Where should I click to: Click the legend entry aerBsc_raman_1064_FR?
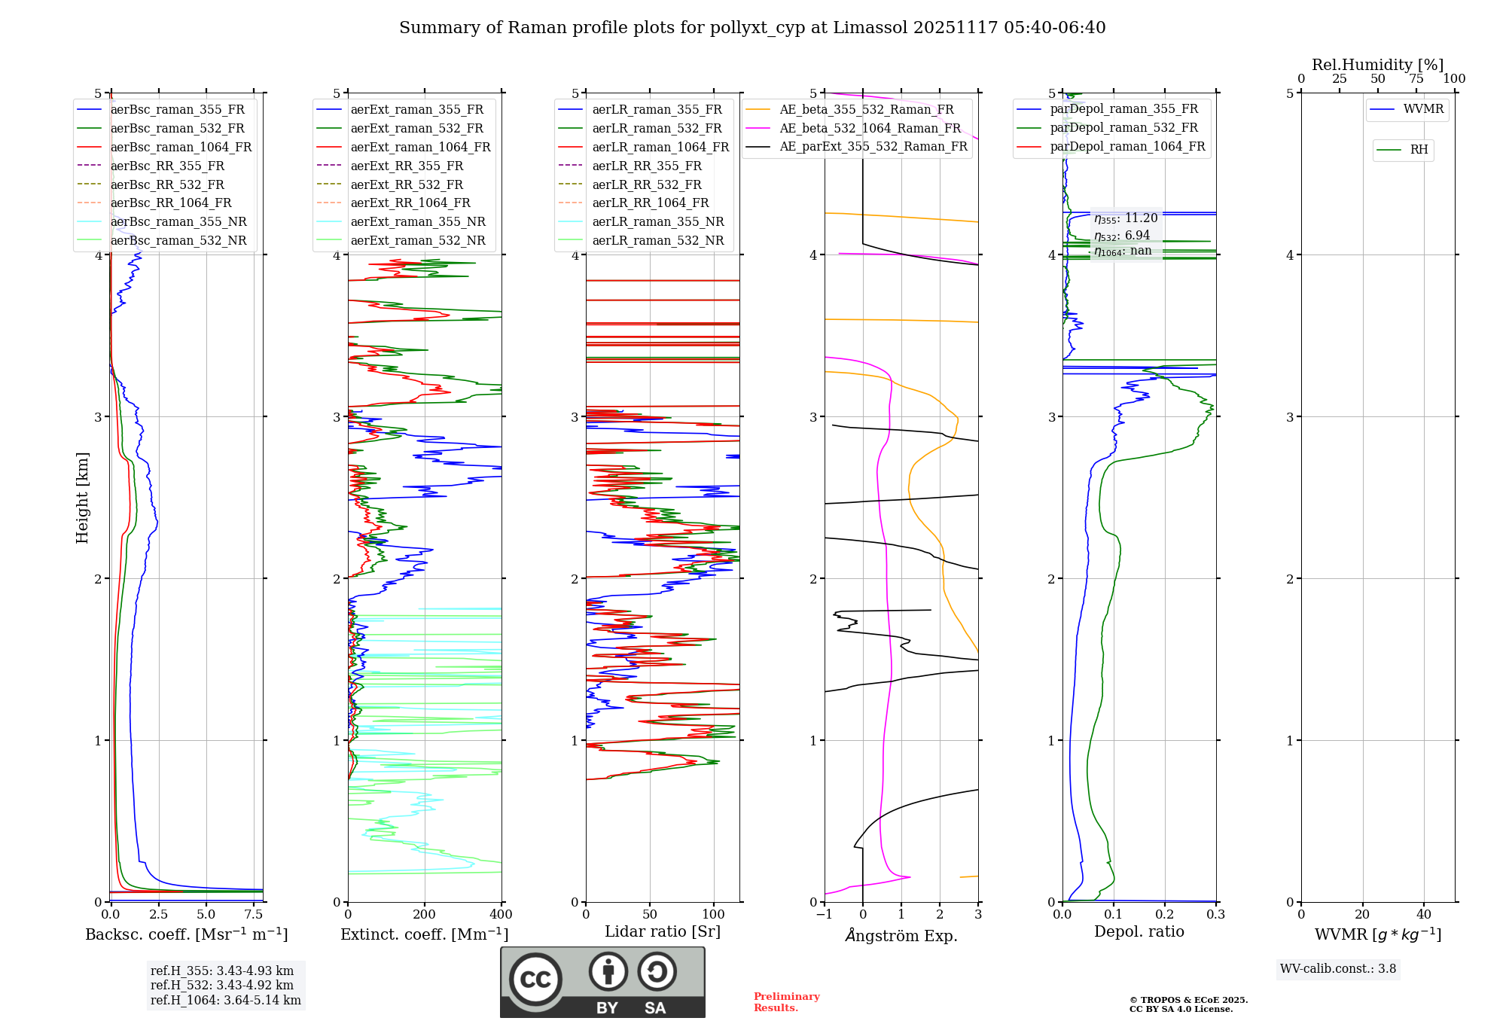[181, 147]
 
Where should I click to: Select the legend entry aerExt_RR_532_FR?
[407, 184]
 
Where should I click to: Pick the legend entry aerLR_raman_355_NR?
[657, 221]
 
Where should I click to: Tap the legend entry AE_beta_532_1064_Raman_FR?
[870, 128]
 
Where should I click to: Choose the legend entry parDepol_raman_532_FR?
[1123, 128]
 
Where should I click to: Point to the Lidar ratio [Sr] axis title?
[663, 931]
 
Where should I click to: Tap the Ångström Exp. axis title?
[901, 935]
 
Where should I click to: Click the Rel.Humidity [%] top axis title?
[1377, 65]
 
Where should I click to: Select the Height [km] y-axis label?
[82, 498]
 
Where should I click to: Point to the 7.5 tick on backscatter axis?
[254, 914]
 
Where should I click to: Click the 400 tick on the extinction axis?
[501, 914]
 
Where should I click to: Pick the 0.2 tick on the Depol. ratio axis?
[1165, 914]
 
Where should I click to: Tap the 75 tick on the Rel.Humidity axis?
[1416, 78]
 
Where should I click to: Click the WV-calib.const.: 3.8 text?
[1338, 969]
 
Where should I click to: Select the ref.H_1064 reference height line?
[225, 1000]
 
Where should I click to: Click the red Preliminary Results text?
[786, 1002]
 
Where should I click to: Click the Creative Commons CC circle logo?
[535, 979]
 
